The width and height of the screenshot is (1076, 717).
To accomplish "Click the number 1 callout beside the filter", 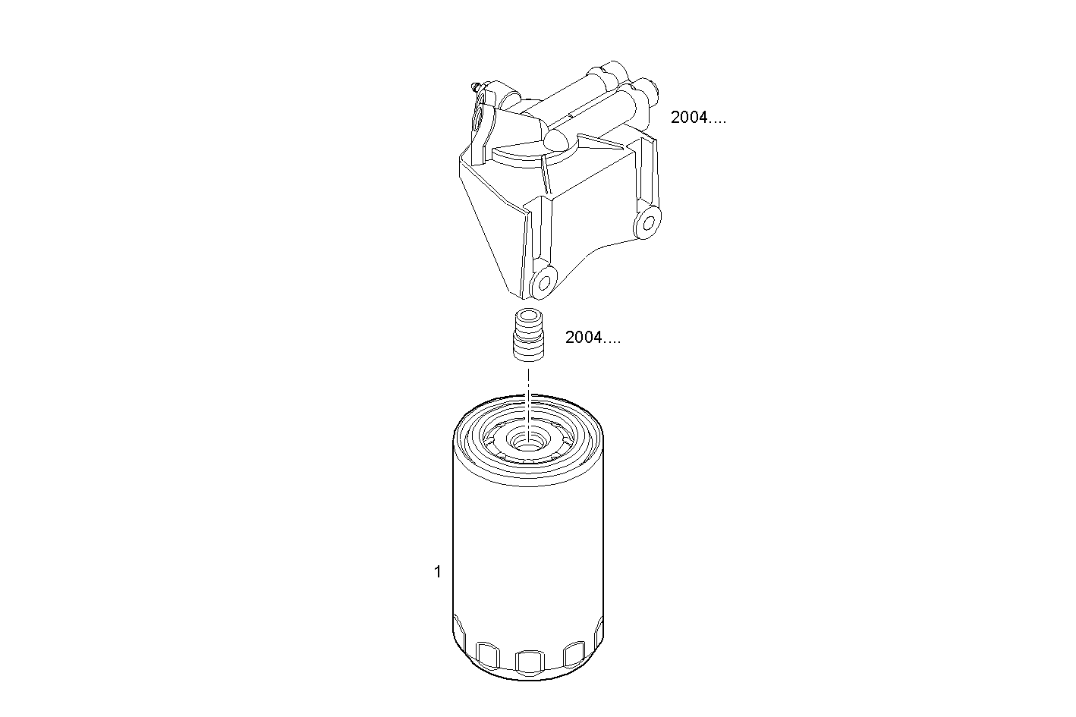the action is pyautogui.click(x=437, y=571).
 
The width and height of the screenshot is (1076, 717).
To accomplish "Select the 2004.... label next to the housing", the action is pyautogui.click(x=698, y=117).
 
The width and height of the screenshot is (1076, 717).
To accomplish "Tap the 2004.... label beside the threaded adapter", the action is pyautogui.click(x=593, y=338).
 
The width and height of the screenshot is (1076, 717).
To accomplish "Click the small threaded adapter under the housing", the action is pyautogui.click(x=528, y=335).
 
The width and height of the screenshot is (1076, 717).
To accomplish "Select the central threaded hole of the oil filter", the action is pyautogui.click(x=528, y=440).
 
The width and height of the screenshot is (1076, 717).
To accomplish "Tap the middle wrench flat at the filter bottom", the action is pyautogui.click(x=530, y=663).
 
